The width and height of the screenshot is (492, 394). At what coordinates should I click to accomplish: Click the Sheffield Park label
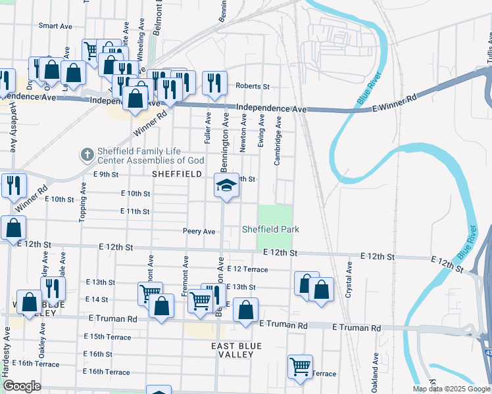coord(270,229)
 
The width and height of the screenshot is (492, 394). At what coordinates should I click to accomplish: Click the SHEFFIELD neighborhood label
coord(176,174)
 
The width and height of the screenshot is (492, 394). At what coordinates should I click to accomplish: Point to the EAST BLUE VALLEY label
coord(236,350)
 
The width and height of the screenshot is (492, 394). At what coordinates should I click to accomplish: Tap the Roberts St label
coord(253,86)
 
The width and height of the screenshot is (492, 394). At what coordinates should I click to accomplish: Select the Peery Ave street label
coord(199,231)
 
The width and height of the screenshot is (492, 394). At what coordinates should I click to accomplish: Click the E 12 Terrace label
coord(247,269)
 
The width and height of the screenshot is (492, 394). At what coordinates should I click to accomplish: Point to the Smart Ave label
coord(55,26)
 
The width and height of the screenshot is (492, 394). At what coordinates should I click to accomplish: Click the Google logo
coord(22,386)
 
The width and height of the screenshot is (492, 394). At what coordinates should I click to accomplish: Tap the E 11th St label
coord(135,211)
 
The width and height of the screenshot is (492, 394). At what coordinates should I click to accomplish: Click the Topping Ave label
coord(84,202)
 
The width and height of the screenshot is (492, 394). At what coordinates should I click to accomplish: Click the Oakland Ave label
coord(375,372)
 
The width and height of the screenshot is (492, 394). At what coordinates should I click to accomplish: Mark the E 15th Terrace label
coord(108,336)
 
